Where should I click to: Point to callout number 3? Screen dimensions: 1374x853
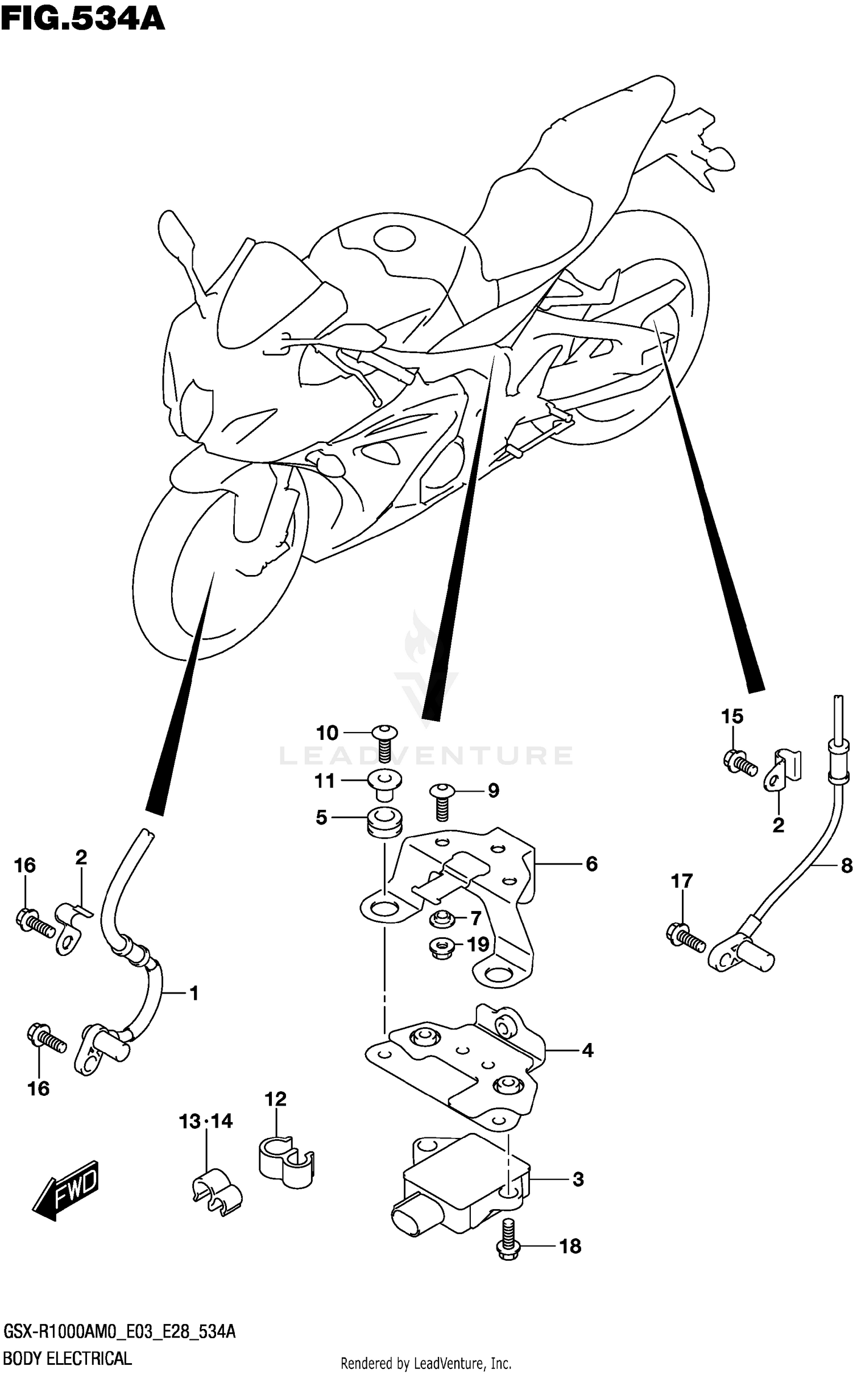tap(578, 1180)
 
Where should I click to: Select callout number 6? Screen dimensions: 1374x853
tap(591, 864)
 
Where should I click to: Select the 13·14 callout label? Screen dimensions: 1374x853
tap(206, 1121)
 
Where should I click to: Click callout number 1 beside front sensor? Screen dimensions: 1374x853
tap(193, 994)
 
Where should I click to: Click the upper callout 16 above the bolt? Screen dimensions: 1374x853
tap(25, 866)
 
